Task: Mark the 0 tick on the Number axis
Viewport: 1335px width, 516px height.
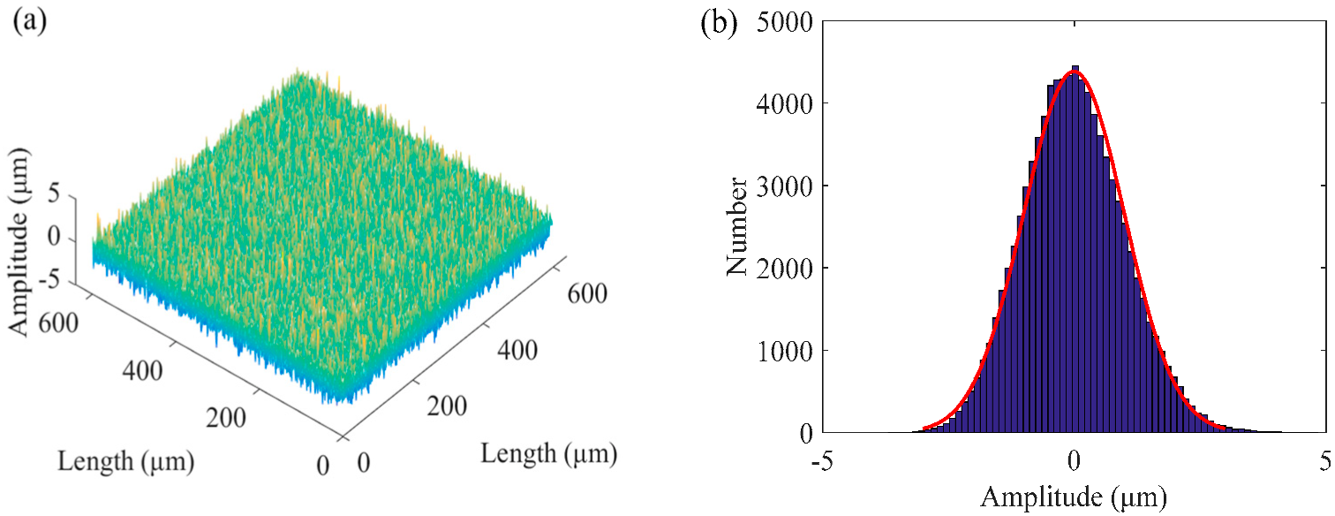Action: (x=805, y=433)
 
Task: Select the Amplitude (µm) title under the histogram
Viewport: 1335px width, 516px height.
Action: (x=1074, y=497)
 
